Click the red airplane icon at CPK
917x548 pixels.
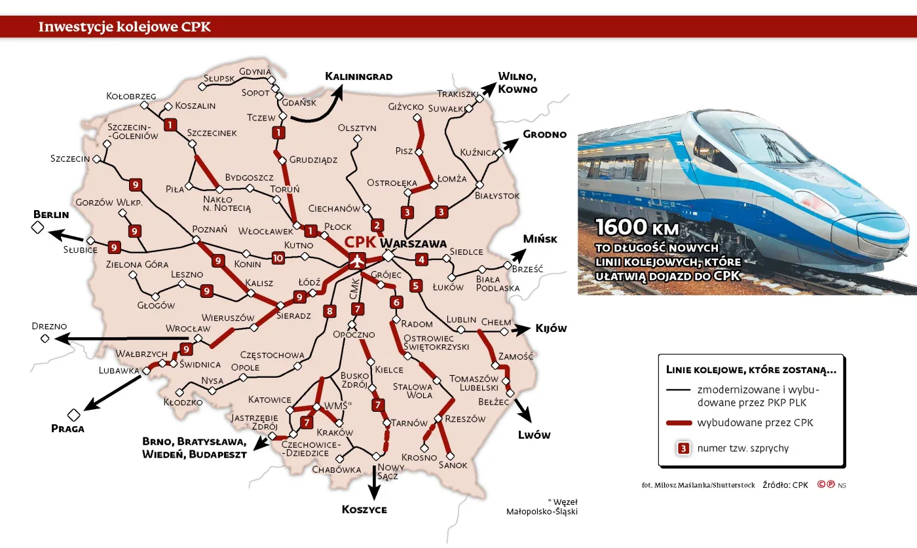pyautogui.click(x=356, y=261)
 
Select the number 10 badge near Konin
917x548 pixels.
pyautogui.click(x=278, y=258)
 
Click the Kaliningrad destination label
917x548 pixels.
pyautogui.click(x=359, y=77)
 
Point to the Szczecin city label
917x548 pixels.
pyautogui.click(x=70, y=159)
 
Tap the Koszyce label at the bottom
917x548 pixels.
pyautogui.click(x=364, y=509)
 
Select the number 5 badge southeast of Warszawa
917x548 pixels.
pyautogui.click(x=415, y=285)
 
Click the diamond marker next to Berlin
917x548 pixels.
pyautogui.click(x=37, y=228)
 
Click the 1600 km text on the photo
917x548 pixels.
pyautogui.click(x=637, y=228)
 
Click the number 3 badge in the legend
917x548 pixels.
pyautogui.click(x=683, y=448)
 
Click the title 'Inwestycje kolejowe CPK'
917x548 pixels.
pyautogui.click(x=124, y=27)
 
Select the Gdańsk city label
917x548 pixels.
pyautogui.click(x=299, y=103)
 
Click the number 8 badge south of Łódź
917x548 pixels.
pyautogui.click(x=329, y=312)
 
